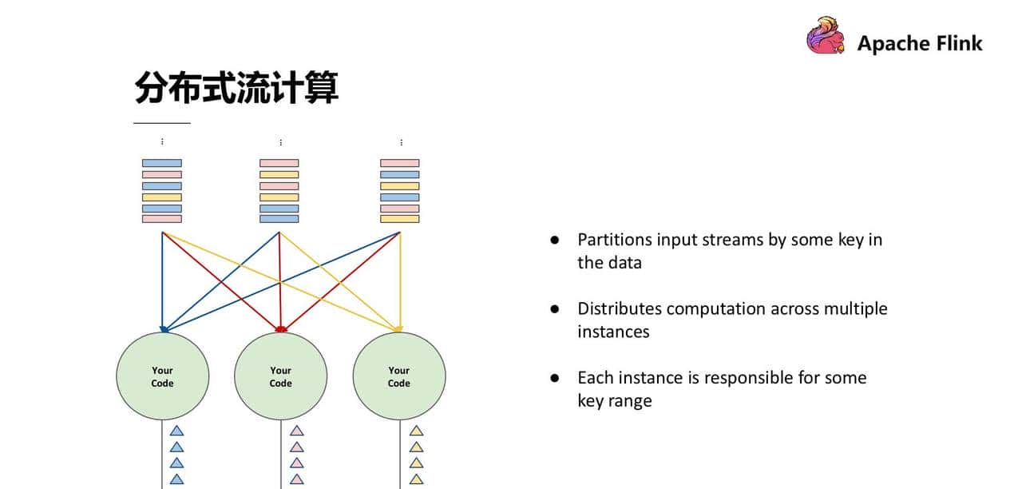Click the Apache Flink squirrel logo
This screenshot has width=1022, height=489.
(826, 36)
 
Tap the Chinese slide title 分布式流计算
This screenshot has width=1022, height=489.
(236, 88)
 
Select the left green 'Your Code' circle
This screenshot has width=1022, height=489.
(163, 376)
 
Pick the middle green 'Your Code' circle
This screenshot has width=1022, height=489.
(280, 376)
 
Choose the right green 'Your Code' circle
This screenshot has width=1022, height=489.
(399, 376)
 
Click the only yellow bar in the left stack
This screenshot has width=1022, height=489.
(162, 197)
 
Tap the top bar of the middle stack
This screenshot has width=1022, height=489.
(279, 163)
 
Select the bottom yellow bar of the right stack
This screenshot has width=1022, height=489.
(399, 218)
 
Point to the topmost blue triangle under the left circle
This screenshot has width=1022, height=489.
(177, 431)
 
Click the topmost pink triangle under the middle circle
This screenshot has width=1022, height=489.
(297, 431)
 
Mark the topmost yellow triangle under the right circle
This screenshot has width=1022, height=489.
(416, 431)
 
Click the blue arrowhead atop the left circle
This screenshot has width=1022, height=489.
(164, 328)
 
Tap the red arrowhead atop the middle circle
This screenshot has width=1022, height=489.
(280, 328)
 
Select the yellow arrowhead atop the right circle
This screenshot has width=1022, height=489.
(398, 328)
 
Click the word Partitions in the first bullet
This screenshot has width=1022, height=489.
(614, 240)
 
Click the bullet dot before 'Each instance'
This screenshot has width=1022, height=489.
(555, 378)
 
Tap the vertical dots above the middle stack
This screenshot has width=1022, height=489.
(280, 142)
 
